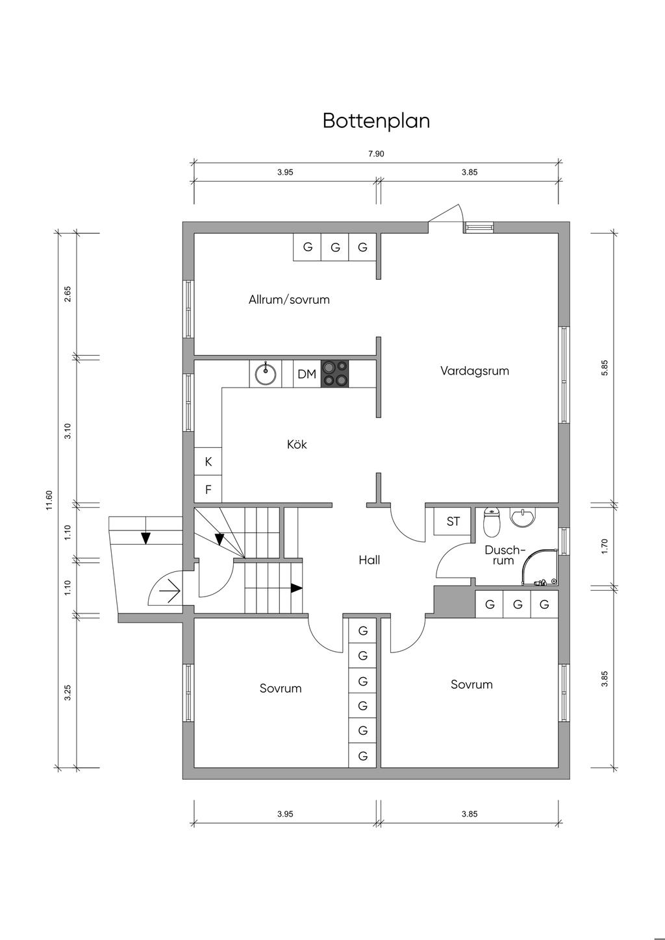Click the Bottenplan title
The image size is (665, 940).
click(376, 121)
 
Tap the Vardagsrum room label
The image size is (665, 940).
click(475, 371)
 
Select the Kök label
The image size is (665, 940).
click(297, 444)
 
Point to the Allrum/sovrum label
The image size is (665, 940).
click(289, 300)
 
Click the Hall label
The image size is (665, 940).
click(370, 560)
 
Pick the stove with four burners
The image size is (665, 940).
click(334, 373)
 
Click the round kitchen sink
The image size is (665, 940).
click(266, 373)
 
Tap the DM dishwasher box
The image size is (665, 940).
click(307, 373)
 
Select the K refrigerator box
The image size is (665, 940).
click(208, 462)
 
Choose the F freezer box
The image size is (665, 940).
click(208, 489)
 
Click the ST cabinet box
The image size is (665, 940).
click(453, 522)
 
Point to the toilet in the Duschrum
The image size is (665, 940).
click(491, 522)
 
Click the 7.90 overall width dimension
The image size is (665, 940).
click(376, 154)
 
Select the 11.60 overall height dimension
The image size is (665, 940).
click(49, 500)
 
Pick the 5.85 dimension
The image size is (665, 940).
click(605, 367)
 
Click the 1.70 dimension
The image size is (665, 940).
click(605, 547)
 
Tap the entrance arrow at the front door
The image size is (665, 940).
click(170, 591)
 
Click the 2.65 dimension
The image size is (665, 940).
click(68, 294)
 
